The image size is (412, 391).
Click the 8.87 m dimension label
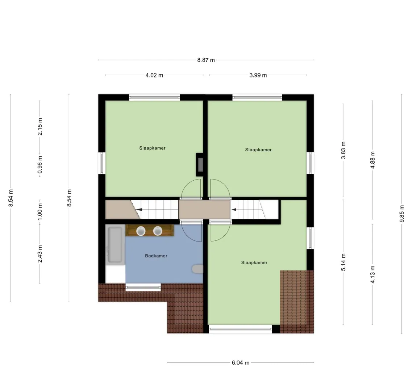tap(206, 60)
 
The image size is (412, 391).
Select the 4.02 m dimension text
tap(154, 75)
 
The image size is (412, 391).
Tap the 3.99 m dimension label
tap(258, 75)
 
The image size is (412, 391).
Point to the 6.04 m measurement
tap(240, 363)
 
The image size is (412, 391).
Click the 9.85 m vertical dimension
tap(402, 214)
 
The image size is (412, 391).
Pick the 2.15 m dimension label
tap(40, 127)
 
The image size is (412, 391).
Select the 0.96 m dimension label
tap(40, 165)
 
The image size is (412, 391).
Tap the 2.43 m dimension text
tap(40, 254)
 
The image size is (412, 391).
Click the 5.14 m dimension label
tap(344, 262)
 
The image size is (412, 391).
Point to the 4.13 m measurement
tap(373, 274)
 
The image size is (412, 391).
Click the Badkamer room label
tap(156, 256)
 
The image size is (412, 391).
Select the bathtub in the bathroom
tap(115, 245)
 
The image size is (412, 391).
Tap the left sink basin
tap(141, 231)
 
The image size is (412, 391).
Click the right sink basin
tap(158, 231)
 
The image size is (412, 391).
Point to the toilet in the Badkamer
tap(197, 269)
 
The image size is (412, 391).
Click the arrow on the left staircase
tap(139, 210)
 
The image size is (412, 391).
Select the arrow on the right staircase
tap(234, 210)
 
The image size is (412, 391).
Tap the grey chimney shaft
tap(200, 165)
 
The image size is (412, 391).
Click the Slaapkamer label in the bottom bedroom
tap(254, 262)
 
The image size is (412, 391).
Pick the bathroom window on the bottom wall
tap(143, 287)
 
